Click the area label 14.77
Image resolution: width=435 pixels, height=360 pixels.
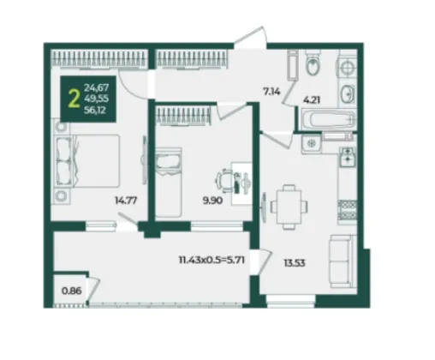point(126,201)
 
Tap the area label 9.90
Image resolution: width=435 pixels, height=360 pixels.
point(212,201)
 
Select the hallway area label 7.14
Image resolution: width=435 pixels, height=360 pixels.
point(271,92)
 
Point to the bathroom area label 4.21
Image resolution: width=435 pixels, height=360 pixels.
point(312,100)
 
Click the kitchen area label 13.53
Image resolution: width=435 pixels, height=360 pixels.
point(295,263)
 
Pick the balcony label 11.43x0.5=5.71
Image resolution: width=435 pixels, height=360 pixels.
point(212,260)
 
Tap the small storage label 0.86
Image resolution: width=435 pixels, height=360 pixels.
point(72,291)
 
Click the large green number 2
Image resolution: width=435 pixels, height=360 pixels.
point(74,99)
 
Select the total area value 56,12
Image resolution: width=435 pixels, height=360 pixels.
point(95,110)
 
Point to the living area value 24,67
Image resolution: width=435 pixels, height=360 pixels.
point(96,87)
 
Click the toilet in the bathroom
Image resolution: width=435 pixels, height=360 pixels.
point(313,63)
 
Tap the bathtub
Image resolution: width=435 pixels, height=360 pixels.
point(327,119)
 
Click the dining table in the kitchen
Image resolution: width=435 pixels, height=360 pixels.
point(289,207)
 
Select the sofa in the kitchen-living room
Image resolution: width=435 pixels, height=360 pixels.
point(343,261)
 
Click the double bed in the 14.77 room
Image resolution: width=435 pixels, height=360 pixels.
point(87,161)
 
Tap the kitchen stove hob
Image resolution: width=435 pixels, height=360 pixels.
point(348,211)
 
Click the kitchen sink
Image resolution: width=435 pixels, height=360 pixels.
point(348,157)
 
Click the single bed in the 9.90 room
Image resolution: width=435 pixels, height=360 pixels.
point(169,182)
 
